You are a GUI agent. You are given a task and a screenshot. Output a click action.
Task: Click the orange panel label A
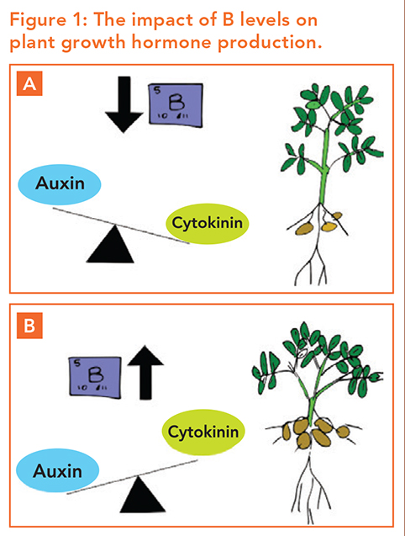coord(29,83)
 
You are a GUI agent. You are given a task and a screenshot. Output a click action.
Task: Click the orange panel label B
coord(29,326)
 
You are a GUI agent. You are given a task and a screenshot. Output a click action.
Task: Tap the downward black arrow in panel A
coord(124,104)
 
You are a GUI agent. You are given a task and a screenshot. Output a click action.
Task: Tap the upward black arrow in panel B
coord(145,373)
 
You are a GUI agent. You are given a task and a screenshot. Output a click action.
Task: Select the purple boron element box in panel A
coord(176,105)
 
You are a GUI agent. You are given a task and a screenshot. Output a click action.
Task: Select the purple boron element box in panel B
coord(95,377)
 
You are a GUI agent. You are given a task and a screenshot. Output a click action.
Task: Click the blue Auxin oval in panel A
coord(60,184)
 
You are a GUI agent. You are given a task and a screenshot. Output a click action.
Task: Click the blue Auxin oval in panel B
coord(58,470)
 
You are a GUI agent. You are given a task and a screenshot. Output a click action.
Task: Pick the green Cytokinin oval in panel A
coord(208,224)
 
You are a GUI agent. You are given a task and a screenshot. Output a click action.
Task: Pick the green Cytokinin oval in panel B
coord(203,433)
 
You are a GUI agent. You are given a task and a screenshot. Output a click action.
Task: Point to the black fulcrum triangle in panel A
coord(110,244)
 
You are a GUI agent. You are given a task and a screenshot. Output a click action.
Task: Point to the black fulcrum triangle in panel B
coord(143,495)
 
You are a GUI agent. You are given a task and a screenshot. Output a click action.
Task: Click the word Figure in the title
coord(38,20)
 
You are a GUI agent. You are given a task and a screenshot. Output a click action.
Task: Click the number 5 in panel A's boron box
coord(157,91)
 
